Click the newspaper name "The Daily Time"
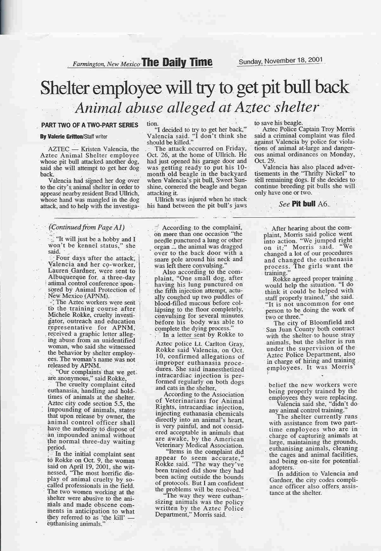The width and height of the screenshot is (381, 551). [x=177, y=62]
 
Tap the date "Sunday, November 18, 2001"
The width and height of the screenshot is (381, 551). [x=281, y=60]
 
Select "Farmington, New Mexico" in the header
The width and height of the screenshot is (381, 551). [x=106, y=64]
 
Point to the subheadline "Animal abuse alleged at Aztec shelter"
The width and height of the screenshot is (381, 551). [x=196, y=108]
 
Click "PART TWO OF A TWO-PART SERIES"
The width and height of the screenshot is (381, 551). [x=90, y=125]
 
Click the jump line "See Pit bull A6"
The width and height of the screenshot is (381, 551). [x=305, y=204]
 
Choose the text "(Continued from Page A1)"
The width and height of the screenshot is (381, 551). [x=86, y=227]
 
